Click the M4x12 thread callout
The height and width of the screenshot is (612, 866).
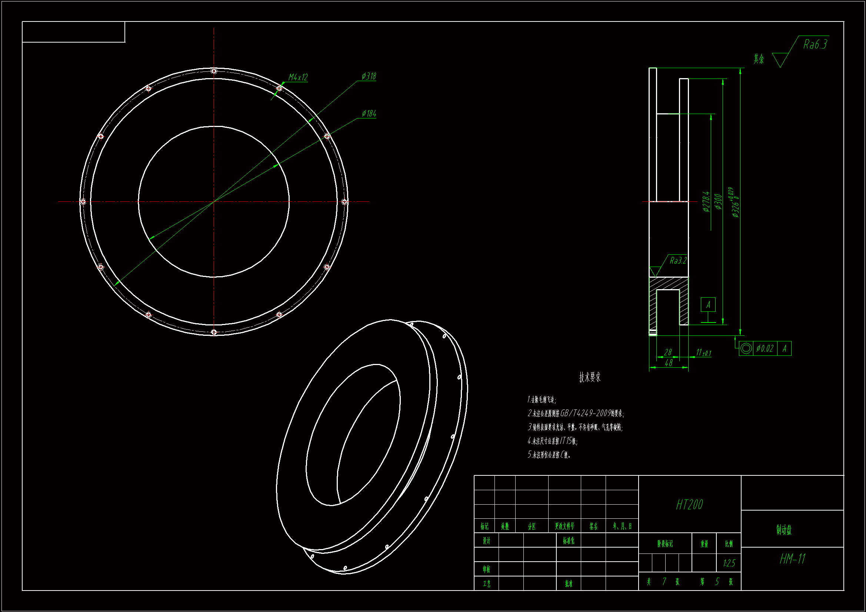tap(298, 77)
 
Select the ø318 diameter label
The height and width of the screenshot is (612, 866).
tap(369, 76)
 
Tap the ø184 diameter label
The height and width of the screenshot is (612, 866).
tap(369, 114)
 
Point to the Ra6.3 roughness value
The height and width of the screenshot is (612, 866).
tap(815, 44)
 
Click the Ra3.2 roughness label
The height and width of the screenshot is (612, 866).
tap(678, 261)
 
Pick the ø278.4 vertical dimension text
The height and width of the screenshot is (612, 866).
tap(706, 202)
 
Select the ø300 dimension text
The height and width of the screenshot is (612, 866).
tap(719, 202)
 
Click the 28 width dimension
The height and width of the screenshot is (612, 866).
tap(668, 352)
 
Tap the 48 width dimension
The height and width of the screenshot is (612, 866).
tap(669, 363)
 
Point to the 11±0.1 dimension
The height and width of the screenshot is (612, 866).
tap(703, 353)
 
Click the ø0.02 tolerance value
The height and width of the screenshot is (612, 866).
tap(765, 348)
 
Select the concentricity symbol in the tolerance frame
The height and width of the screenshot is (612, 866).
tap(746, 348)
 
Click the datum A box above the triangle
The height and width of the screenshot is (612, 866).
tap(708, 305)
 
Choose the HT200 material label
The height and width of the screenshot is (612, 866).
tap(689, 505)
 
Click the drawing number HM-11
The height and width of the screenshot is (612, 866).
tap(792, 559)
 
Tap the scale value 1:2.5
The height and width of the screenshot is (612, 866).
tap(729, 563)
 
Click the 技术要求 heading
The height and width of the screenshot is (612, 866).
tap(590, 377)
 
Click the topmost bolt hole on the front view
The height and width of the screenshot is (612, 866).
tap(214, 71)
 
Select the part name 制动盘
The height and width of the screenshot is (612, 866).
tap(784, 530)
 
